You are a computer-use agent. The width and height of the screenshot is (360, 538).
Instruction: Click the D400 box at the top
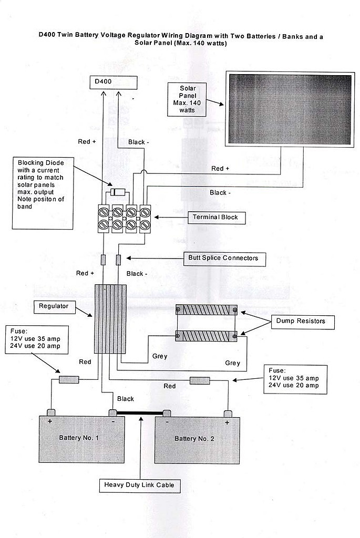point(113,82)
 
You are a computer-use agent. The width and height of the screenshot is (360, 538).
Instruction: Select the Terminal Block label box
point(217,218)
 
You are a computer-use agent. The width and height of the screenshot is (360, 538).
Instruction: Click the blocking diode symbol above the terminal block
point(118,192)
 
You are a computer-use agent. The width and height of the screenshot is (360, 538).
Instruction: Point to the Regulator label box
point(54,306)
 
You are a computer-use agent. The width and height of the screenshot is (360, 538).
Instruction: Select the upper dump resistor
point(206,310)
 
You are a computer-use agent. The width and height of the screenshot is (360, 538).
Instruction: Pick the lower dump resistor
point(206,336)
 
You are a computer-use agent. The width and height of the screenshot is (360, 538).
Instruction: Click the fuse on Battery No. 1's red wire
point(69,379)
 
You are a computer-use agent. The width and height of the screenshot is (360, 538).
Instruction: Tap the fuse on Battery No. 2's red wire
point(200,380)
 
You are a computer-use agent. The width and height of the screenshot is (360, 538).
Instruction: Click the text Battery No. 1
point(79,438)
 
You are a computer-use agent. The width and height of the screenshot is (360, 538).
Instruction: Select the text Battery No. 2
point(194,439)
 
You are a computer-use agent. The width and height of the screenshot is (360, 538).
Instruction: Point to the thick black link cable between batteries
point(140,413)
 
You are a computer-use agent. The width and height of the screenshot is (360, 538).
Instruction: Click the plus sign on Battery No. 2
point(227,423)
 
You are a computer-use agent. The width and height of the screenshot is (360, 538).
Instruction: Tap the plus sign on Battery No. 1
point(50,421)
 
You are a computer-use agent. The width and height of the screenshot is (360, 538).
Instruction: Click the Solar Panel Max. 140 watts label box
point(187,99)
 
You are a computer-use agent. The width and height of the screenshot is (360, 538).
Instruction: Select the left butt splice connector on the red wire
point(103,260)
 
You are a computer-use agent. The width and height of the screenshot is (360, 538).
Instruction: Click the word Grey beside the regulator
point(160,356)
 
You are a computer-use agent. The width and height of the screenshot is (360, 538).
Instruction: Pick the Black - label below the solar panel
point(220,193)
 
